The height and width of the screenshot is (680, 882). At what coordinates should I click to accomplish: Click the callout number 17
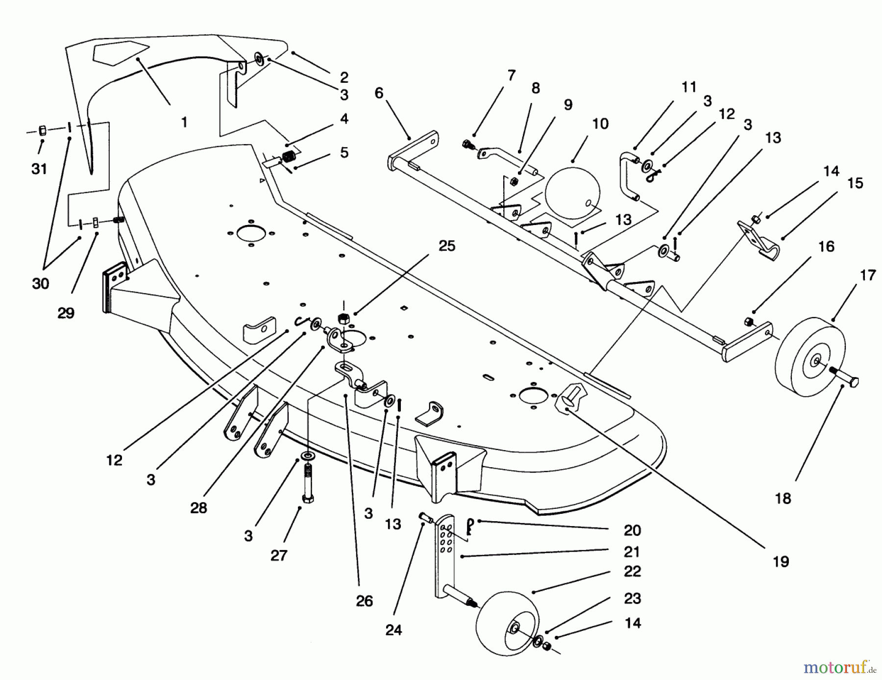click(x=867, y=276)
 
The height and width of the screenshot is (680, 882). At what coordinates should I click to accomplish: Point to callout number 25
click(x=446, y=246)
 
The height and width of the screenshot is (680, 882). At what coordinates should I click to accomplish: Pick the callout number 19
click(x=781, y=561)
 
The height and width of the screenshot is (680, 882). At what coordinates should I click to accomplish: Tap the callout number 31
click(x=39, y=169)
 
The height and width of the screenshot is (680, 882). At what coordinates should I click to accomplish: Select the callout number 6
click(x=379, y=93)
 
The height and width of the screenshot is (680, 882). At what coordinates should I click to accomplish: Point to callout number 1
click(x=184, y=122)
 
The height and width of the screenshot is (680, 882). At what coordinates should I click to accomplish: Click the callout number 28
click(x=198, y=508)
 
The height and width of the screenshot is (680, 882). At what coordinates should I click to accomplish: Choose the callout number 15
click(x=855, y=183)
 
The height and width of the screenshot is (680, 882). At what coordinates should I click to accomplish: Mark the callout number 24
click(x=393, y=630)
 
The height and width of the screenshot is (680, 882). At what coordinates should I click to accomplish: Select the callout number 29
click(x=66, y=313)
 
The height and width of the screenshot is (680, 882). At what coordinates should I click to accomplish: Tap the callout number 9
click(x=568, y=105)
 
